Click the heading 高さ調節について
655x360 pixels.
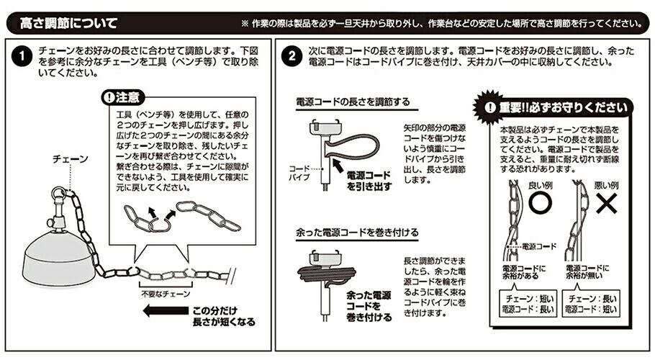click(68, 23)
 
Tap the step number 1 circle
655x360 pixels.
click(22, 57)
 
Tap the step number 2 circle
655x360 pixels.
click(292, 56)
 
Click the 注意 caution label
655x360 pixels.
click(123, 97)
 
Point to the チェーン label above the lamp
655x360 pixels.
click(71, 159)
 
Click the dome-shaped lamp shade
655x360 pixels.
click(58, 258)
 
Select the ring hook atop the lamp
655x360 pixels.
click(58, 194)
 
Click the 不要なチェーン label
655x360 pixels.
click(166, 294)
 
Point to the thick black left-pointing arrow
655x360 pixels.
click(166, 311)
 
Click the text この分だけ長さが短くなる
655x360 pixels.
click(223, 316)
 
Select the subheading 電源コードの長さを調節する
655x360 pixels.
click(353, 102)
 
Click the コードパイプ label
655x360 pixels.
click(299, 173)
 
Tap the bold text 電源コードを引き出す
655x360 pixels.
click(369, 181)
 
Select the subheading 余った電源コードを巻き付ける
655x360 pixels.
click(357, 233)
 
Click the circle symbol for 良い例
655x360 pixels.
click(540, 203)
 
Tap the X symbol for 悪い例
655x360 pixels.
click(607, 203)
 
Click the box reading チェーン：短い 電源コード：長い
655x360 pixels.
click(528, 304)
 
